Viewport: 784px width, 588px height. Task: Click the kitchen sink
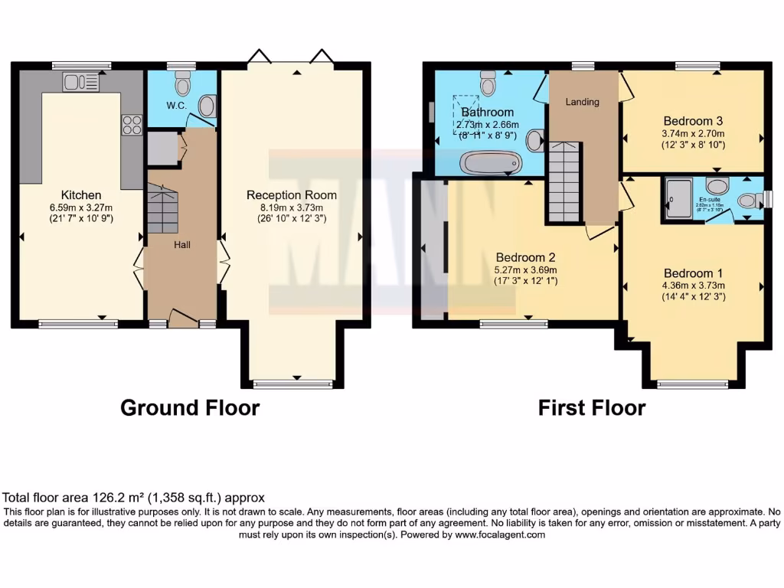77,81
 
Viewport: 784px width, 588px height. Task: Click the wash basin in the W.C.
207,108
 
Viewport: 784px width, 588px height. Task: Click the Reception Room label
292,195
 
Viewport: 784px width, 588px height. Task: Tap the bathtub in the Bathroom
491,162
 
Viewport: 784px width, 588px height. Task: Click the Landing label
582,102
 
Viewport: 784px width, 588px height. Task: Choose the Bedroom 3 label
693,121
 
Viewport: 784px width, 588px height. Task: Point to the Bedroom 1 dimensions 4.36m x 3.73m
693,286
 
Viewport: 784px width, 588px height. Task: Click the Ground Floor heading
190,408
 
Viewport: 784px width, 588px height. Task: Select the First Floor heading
591,408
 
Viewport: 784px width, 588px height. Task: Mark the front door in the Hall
183,318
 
